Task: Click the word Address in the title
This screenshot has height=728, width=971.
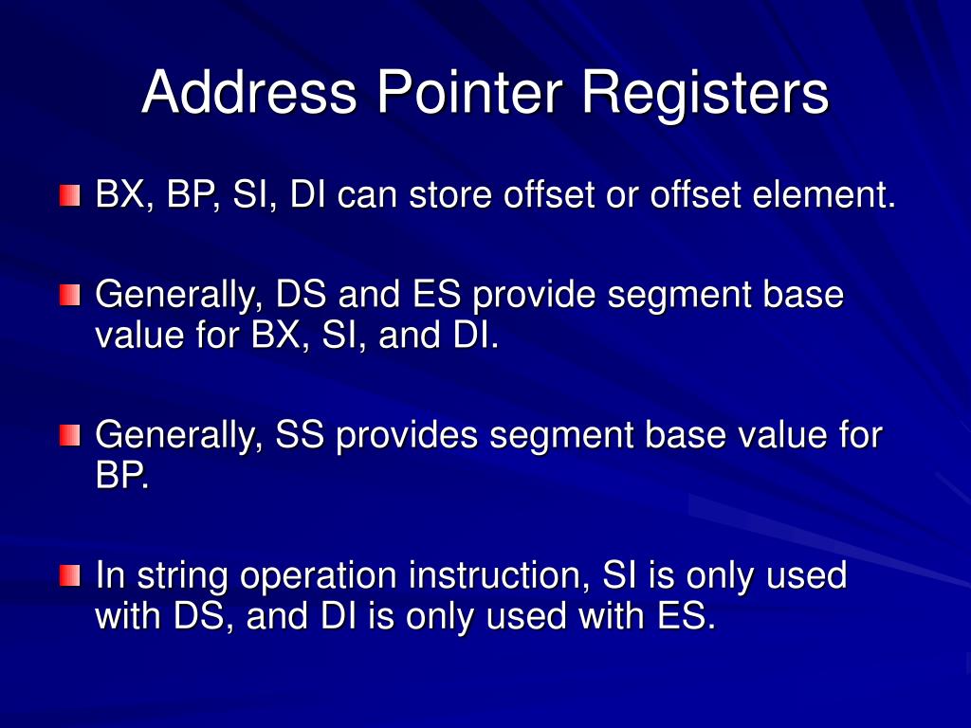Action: pyautogui.click(x=249, y=94)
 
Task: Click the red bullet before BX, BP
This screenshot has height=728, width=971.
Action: pyautogui.click(x=70, y=196)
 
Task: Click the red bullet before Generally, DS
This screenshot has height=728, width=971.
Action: pyautogui.click(x=70, y=295)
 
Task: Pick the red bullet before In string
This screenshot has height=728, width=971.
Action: pyautogui.click(x=70, y=574)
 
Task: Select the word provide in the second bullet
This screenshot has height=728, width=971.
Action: pyautogui.click(x=535, y=295)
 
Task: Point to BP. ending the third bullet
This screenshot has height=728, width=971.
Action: pyautogui.click(x=122, y=475)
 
